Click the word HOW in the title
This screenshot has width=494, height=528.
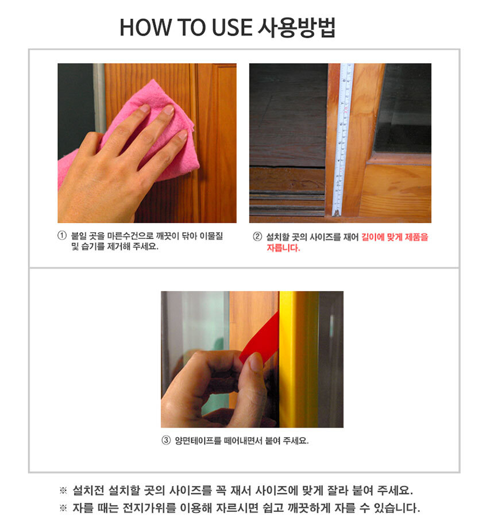click(145, 27)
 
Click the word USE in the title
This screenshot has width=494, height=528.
click(232, 27)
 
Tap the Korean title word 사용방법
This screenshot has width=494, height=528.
click(296, 27)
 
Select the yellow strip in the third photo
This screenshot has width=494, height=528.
click(299, 359)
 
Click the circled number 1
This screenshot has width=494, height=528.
click(62, 236)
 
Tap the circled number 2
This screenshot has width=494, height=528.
click(257, 237)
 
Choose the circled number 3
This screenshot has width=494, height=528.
click(167, 441)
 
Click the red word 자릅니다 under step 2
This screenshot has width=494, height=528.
click(283, 248)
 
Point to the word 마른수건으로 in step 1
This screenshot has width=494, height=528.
click(130, 236)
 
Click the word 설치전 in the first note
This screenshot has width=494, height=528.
click(88, 490)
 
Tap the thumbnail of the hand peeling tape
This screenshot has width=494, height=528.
click(252, 359)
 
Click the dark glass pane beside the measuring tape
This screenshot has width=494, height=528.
click(404, 108)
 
